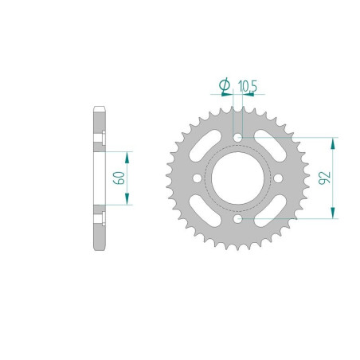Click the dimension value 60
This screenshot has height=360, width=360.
(119, 178)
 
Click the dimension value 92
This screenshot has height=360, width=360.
(325, 178)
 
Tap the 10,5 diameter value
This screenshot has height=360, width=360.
(248, 86)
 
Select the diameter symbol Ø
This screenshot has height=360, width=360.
(225, 85)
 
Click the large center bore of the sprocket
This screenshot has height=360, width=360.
(237, 178)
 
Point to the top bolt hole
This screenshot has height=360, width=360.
(237, 138)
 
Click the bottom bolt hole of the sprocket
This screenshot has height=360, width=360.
(237, 219)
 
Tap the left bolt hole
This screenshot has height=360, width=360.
(197, 178)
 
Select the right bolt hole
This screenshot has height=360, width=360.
(278, 178)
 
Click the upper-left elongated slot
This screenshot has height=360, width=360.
(205, 146)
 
